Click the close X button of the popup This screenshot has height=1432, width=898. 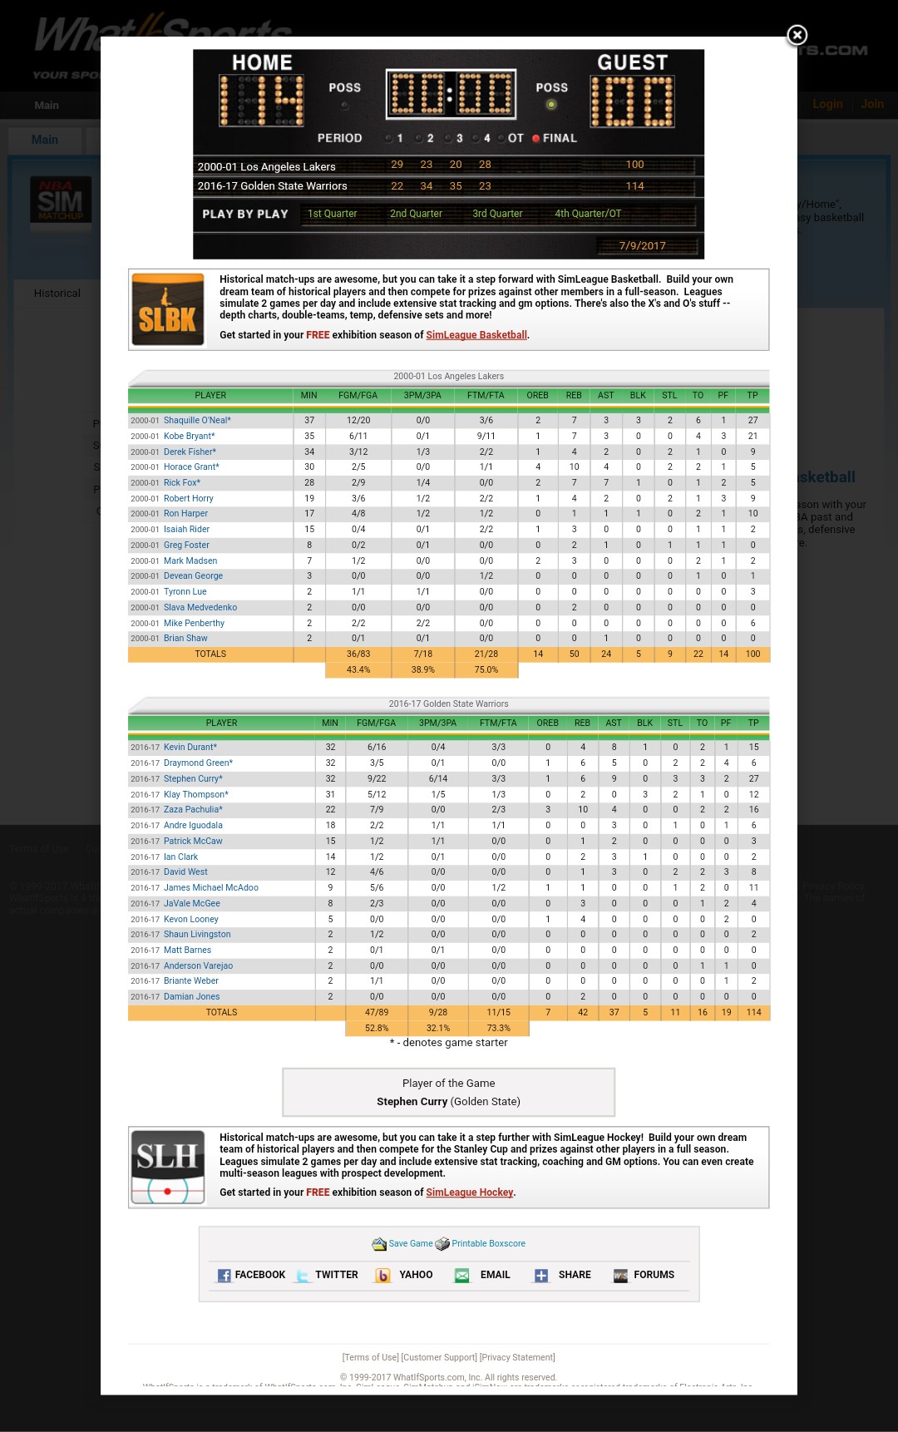click(797, 35)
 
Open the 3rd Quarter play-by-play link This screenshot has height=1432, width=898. click(497, 214)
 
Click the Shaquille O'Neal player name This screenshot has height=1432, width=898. click(197, 420)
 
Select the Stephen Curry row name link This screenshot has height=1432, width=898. click(193, 778)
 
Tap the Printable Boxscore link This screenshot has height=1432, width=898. click(488, 1244)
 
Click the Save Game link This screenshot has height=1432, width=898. click(410, 1244)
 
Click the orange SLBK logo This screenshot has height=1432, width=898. click(168, 309)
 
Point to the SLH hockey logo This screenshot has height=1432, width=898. click(168, 1167)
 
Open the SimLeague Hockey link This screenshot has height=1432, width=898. click(470, 1193)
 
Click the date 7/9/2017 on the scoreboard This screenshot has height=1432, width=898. click(642, 245)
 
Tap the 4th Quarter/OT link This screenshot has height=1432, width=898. click(588, 214)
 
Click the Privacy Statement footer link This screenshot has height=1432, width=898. click(517, 1357)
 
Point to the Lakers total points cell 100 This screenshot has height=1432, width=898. click(752, 654)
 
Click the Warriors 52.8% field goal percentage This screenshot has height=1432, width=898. click(377, 1028)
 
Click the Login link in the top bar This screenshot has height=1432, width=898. click(827, 104)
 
